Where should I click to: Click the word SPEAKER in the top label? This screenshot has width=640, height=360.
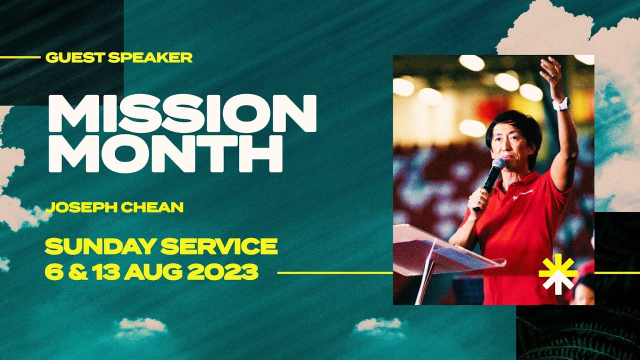149,57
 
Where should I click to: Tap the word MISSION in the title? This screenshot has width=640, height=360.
182,113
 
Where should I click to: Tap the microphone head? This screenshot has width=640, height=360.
498,165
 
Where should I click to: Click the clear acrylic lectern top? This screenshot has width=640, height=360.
440,245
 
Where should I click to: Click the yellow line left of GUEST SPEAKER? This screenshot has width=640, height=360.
20,57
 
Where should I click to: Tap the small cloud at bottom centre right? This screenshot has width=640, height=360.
378,325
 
